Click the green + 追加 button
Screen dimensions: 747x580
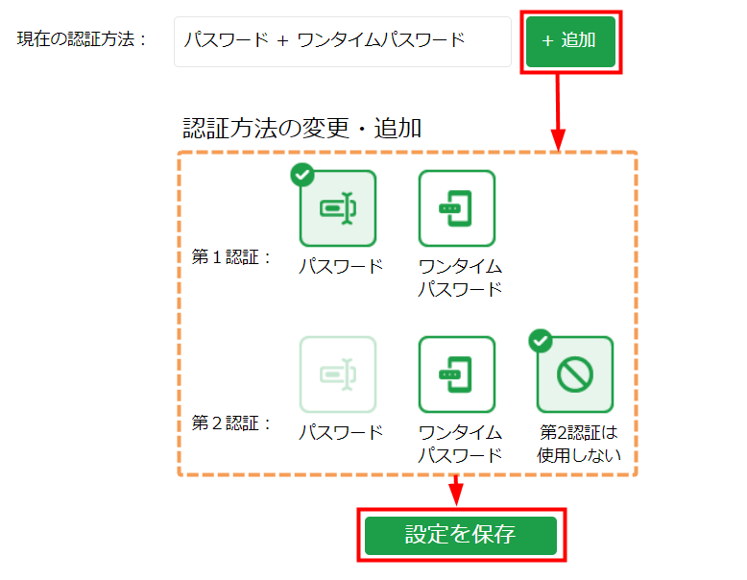pos(570,41)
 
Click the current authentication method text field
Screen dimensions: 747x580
pos(343,41)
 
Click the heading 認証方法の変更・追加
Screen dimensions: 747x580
pos(302,129)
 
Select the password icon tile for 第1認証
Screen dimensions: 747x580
pos(338,208)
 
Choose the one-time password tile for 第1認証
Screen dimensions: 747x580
pos(457,208)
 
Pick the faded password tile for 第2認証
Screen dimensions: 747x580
pos(338,375)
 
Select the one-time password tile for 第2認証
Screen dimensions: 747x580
pos(457,375)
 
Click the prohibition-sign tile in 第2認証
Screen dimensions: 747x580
pos(575,375)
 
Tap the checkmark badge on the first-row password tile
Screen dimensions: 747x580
pos(302,175)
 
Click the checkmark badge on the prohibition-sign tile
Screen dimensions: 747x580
pos(541,341)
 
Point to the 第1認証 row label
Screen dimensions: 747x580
pos(231,257)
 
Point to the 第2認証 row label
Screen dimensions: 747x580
pos(231,423)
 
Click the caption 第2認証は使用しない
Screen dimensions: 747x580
pos(579,444)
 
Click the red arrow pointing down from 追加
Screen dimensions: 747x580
pos(558,112)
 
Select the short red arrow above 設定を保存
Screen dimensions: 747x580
pos(456,491)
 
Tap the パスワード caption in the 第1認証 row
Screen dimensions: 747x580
pos(341,266)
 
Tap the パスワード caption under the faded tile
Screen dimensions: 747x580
pos(341,432)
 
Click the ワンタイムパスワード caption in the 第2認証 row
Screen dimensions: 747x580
pos(460,444)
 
